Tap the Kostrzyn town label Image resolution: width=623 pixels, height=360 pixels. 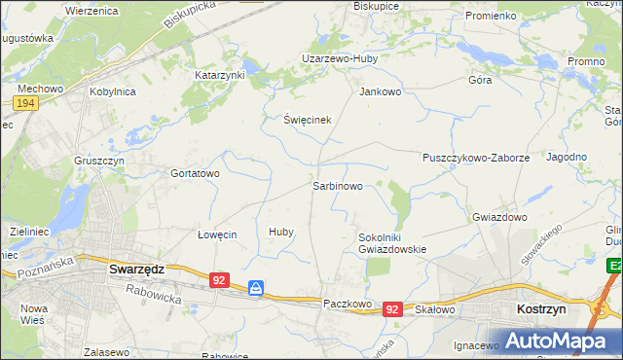tap(537, 308)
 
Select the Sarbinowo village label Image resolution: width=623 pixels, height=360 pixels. tap(338, 185)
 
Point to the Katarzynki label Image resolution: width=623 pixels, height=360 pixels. tap(220, 74)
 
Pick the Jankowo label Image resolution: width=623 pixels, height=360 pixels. tap(381, 92)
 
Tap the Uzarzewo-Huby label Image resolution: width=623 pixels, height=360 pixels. tap(339, 58)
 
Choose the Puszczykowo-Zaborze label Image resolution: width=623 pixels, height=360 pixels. tap(476, 157)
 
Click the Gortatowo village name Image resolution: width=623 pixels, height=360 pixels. tap(196, 173)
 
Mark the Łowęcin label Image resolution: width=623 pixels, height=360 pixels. tap(217, 234)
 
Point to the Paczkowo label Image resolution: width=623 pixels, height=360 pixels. tap(348, 304)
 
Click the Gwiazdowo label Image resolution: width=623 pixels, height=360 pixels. tap(499, 217)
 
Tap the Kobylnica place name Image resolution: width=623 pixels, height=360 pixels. tap(112, 91)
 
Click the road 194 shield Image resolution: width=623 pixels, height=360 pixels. tap(26, 102)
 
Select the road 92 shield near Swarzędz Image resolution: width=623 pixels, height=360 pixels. tap(219, 280)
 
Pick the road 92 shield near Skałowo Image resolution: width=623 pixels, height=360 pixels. tap(392, 308)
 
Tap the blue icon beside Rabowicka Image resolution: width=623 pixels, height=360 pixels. tap(256, 288)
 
